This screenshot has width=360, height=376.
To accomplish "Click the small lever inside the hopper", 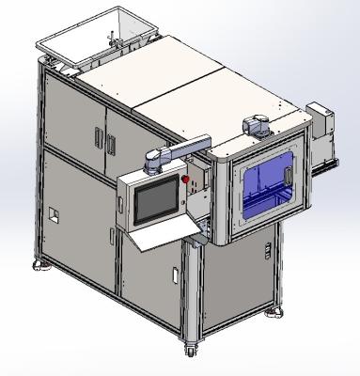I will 112,40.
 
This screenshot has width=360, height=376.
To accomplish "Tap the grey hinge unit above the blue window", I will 256,122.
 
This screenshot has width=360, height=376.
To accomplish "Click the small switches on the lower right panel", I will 267,251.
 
